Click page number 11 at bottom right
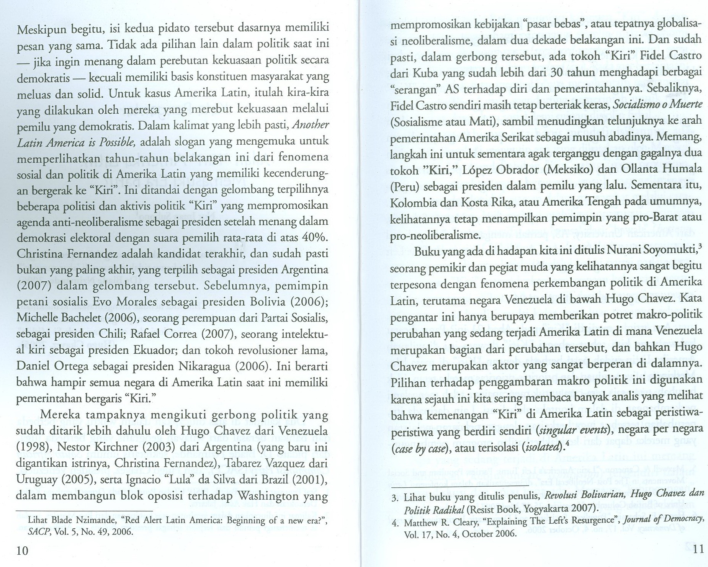pyautogui.click(x=698, y=549)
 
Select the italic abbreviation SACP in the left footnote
pyautogui.click(x=36, y=532)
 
